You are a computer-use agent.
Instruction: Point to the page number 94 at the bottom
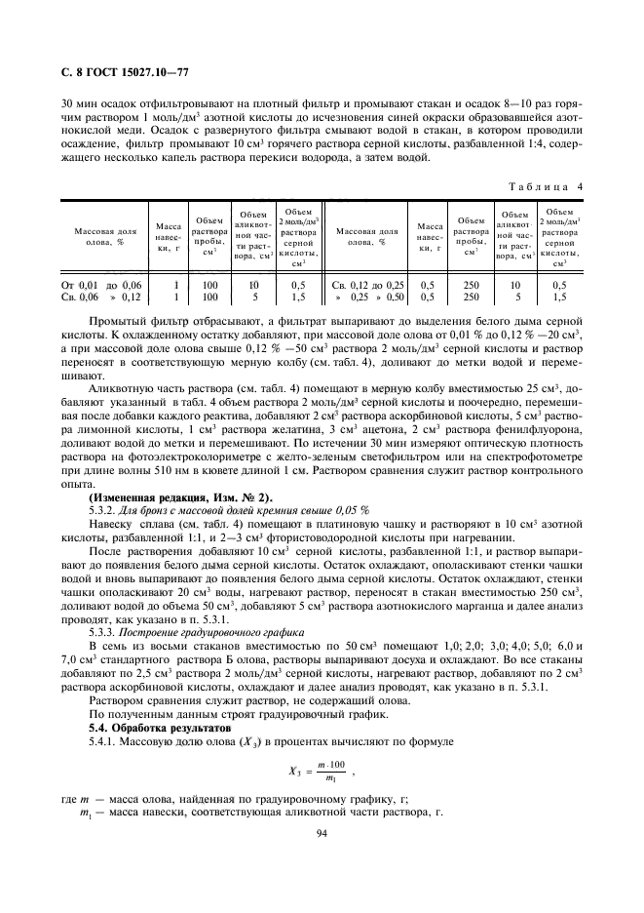[322, 832]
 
